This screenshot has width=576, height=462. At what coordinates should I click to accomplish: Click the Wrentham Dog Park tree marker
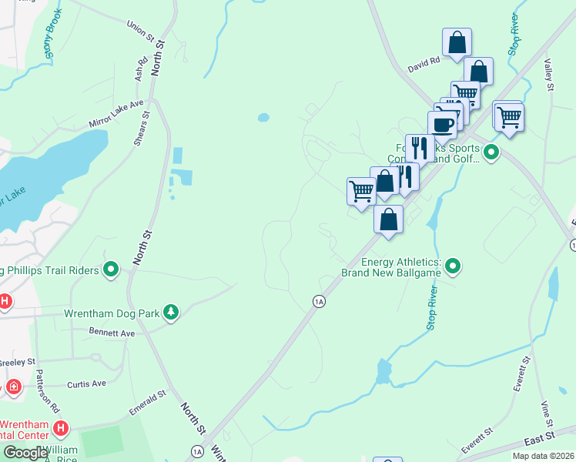[171, 312]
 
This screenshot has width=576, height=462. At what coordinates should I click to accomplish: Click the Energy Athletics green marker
[454, 266]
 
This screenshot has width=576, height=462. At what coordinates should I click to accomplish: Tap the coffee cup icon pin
[442, 125]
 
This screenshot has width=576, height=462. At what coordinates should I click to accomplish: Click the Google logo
[25, 453]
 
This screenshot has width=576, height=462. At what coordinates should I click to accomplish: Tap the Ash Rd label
[141, 69]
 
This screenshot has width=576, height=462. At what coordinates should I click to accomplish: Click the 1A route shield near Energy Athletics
[318, 301]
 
